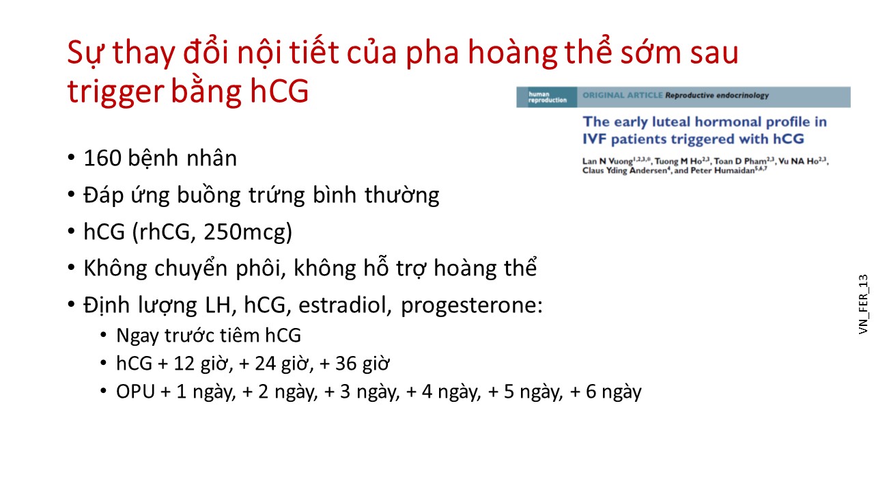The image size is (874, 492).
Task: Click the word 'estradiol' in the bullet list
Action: point(345,305)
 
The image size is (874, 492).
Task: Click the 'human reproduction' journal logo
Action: point(547,97)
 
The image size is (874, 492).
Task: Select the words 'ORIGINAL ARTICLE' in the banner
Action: point(622,95)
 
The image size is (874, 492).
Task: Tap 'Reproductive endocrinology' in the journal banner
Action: point(717,96)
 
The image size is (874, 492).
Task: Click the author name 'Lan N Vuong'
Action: point(608,161)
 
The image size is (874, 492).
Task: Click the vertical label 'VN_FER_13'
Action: point(864,304)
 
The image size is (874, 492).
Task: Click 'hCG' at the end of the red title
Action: point(279,92)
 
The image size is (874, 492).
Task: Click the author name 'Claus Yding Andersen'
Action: point(625,171)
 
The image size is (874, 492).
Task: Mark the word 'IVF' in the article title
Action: point(594,139)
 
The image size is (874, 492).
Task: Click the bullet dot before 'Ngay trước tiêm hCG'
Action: point(103,335)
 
